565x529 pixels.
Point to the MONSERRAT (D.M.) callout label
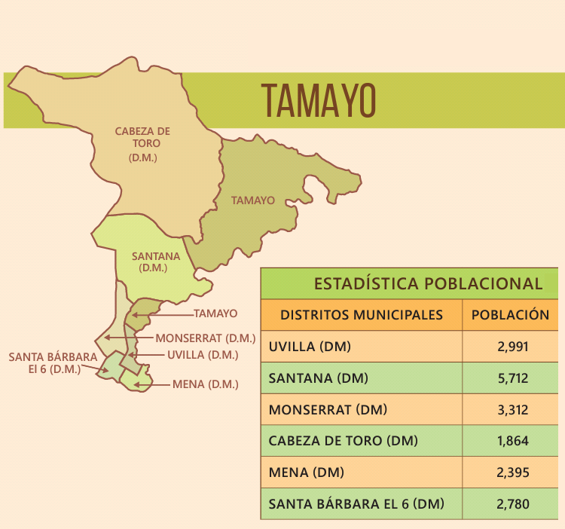(x=206, y=338)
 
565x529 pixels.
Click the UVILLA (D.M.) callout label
(x=203, y=354)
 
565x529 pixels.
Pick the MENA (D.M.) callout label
(x=205, y=384)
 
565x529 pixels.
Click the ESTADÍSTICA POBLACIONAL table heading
(x=428, y=284)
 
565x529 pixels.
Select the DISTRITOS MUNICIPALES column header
(x=362, y=315)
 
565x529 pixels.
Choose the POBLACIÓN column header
(x=510, y=315)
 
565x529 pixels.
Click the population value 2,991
(x=513, y=347)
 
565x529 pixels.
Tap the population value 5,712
(x=513, y=378)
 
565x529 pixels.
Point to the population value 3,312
(x=513, y=410)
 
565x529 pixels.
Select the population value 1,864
(x=513, y=441)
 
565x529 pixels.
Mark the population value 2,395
(x=513, y=472)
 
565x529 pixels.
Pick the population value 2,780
(x=513, y=503)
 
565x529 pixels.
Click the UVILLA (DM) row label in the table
(x=310, y=347)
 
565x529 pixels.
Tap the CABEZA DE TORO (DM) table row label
(x=344, y=441)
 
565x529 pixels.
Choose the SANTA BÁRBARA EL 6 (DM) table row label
(x=356, y=503)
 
